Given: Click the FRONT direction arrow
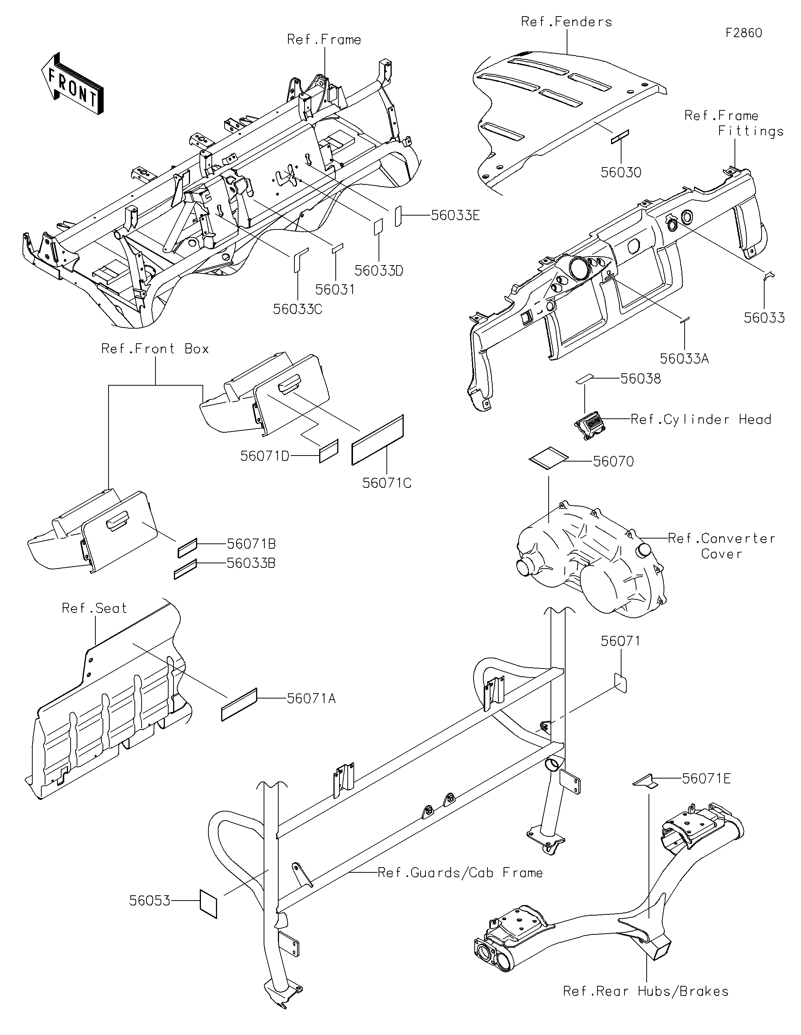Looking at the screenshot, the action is tap(72, 83).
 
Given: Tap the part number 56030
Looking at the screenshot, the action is tap(621, 172).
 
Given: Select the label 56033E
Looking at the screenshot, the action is tap(456, 216).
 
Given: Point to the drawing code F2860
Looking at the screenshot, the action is tap(744, 33).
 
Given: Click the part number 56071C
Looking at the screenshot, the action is tap(387, 483).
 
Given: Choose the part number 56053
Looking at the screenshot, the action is tap(150, 901).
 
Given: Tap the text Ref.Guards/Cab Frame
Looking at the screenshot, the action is tap(460, 873).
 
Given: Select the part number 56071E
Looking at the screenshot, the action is tap(706, 779).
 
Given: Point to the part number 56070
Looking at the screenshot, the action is tap(613, 462).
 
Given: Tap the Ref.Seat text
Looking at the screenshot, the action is tap(94, 608).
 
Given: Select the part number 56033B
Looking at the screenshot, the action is tap(251, 563).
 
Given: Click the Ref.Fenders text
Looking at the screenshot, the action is tap(566, 22).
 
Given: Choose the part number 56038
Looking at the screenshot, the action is tap(641, 379).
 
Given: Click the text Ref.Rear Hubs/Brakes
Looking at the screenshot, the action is tap(646, 991).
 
